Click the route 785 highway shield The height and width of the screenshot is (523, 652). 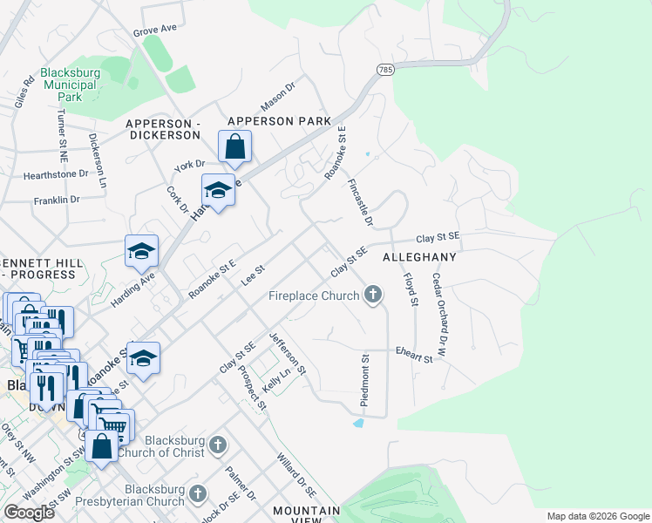384,69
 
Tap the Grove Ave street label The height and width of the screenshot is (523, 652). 154,30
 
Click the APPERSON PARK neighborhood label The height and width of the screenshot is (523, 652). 279,121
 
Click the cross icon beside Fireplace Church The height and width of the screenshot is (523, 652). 373,295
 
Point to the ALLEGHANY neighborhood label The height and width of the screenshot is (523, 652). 419,258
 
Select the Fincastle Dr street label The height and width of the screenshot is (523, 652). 359,204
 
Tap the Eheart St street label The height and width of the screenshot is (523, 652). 414,357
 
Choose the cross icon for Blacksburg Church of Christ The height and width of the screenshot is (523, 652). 218,446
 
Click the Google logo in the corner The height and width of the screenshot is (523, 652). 30,512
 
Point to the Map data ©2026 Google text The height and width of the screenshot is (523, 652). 598,516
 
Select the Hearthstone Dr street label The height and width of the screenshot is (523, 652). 56,173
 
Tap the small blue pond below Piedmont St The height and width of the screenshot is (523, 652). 359,424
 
